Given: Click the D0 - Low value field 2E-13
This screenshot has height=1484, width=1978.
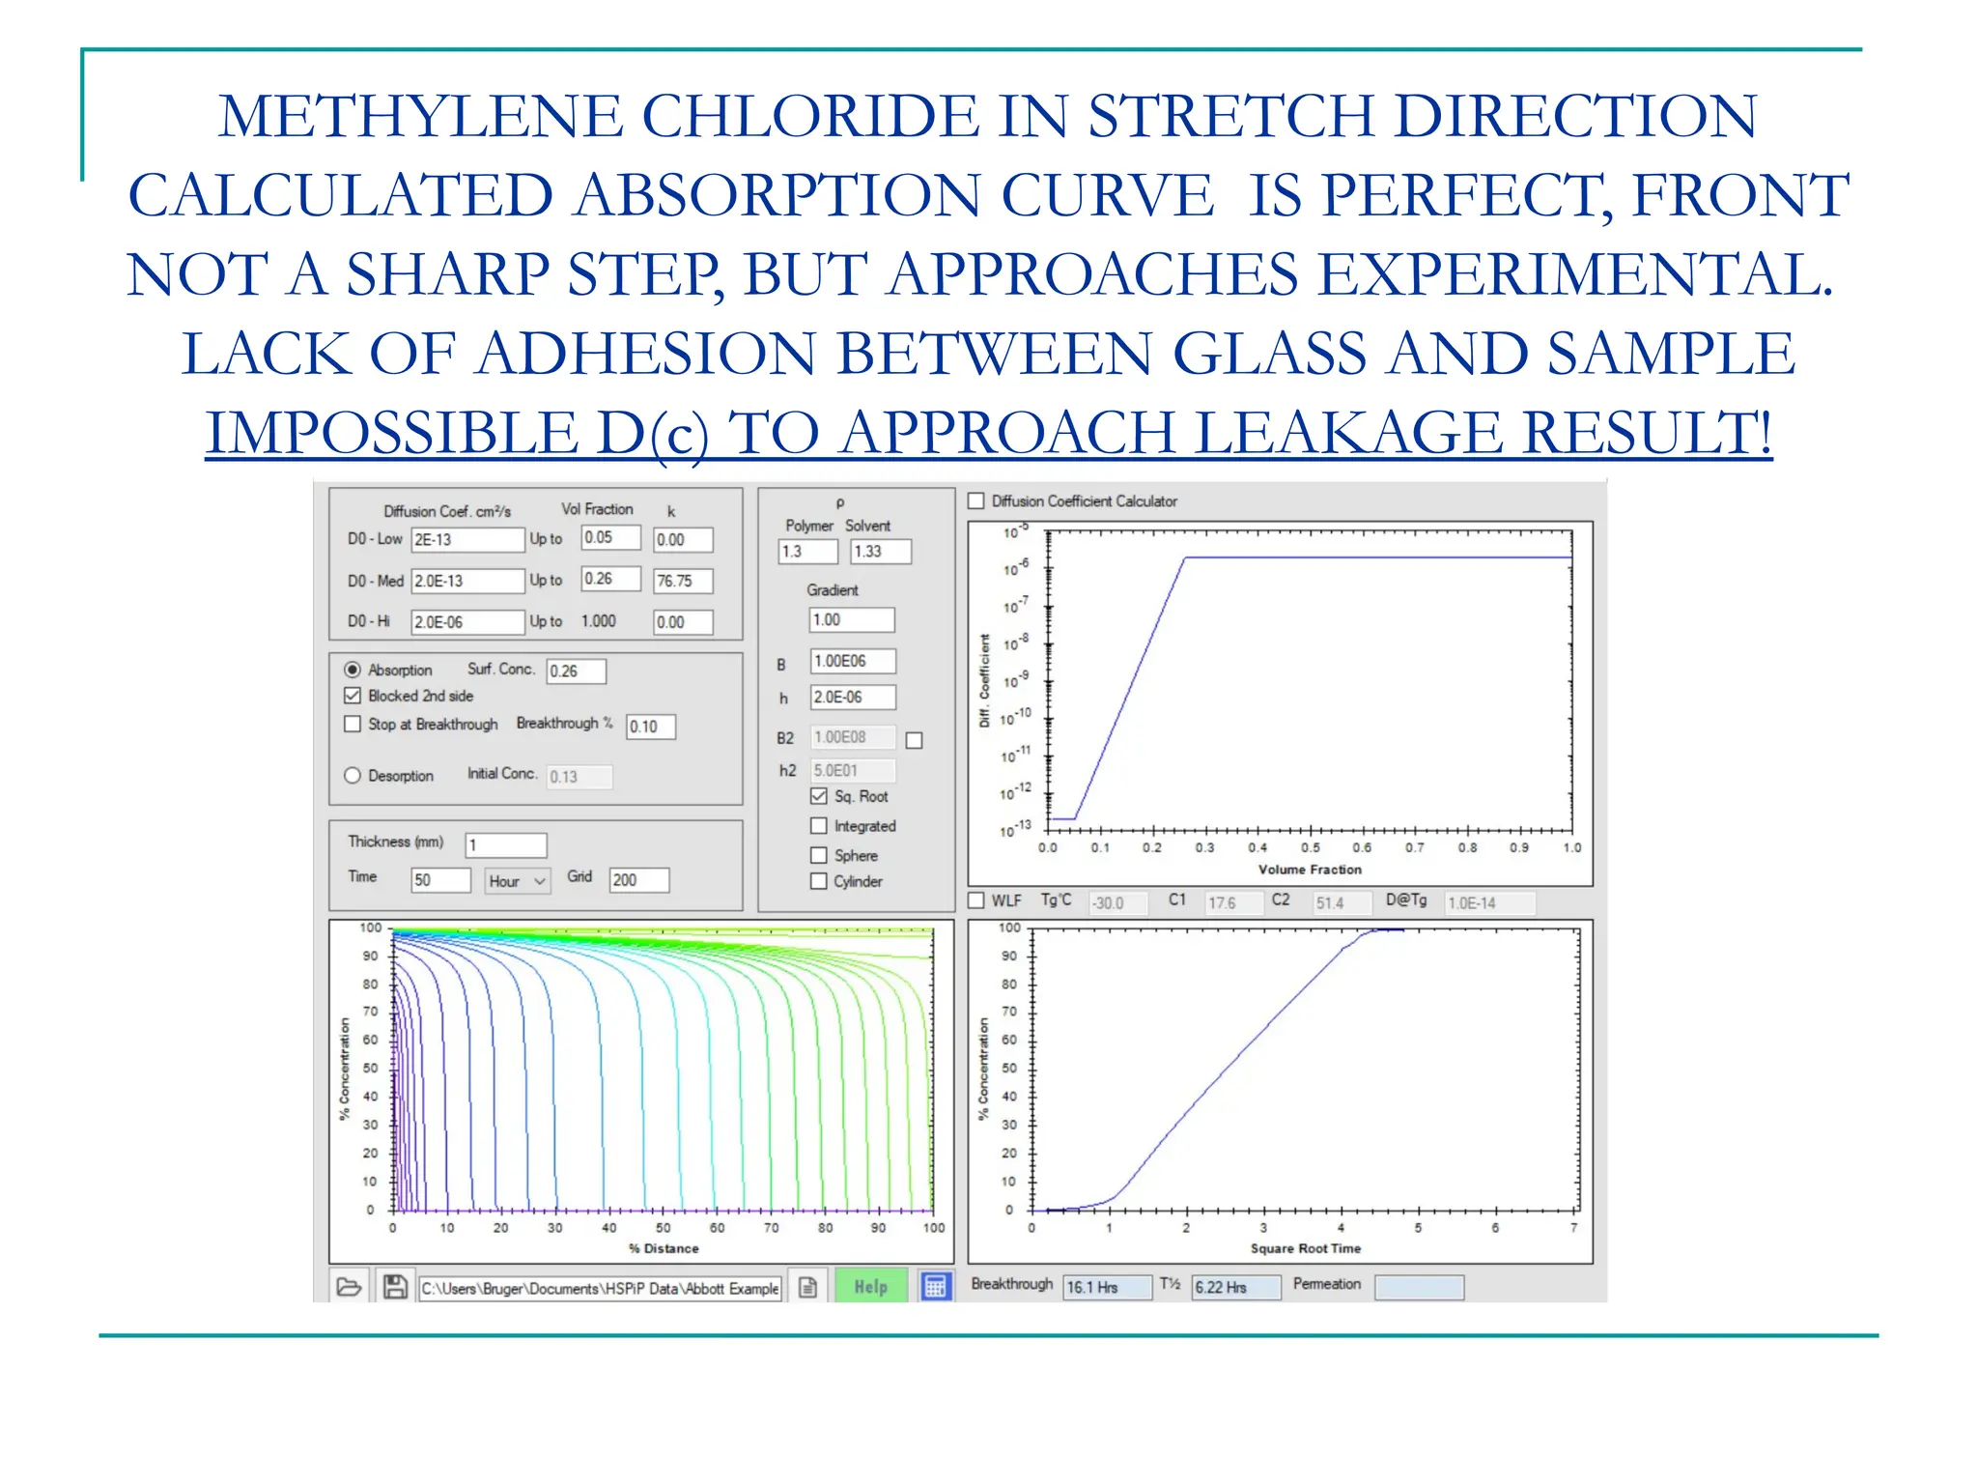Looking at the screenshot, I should tap(467, 540).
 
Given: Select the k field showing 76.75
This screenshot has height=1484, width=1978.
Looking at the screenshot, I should tap(682, 581).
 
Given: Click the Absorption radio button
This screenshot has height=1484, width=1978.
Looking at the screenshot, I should tap(353, 670).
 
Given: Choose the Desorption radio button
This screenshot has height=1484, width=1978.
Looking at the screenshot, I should tap(353, 775).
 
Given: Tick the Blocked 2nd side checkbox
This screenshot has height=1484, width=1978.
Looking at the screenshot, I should tap(353, 696).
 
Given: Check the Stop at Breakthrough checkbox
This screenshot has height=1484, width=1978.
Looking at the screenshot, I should tap(353, 724).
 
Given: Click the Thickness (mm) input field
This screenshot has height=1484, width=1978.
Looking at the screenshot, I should tap(505, 845).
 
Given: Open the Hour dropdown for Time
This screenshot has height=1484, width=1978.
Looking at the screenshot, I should tap(517, 881).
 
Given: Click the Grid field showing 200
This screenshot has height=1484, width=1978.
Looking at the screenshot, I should tap(637, 880).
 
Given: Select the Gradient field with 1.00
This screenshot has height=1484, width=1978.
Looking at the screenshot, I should tap(851, 619).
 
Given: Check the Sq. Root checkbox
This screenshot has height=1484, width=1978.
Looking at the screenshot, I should tap(819, 796).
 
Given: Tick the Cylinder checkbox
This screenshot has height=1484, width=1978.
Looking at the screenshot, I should tap(819, 881).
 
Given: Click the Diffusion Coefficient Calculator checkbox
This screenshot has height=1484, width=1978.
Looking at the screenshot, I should tap(976, 500).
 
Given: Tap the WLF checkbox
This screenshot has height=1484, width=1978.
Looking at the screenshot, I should tap(976, 900).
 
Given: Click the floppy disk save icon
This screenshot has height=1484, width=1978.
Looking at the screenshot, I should tap(394, 1287).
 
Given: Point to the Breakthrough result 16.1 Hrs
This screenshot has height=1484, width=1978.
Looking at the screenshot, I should tap(1107, 1287).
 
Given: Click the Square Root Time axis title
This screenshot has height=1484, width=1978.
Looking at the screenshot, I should tap(1305, 1248).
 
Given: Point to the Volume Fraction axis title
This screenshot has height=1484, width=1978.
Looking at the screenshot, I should tap(1309, 870).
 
